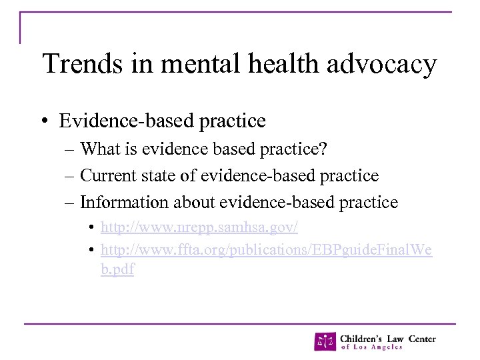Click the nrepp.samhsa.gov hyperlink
point(199,227)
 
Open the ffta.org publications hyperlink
point(266,249)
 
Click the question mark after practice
point(323,149)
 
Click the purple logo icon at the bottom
point(325,341)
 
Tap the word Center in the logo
point(421,338)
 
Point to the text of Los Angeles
point(371,347)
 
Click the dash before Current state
point(71,176)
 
